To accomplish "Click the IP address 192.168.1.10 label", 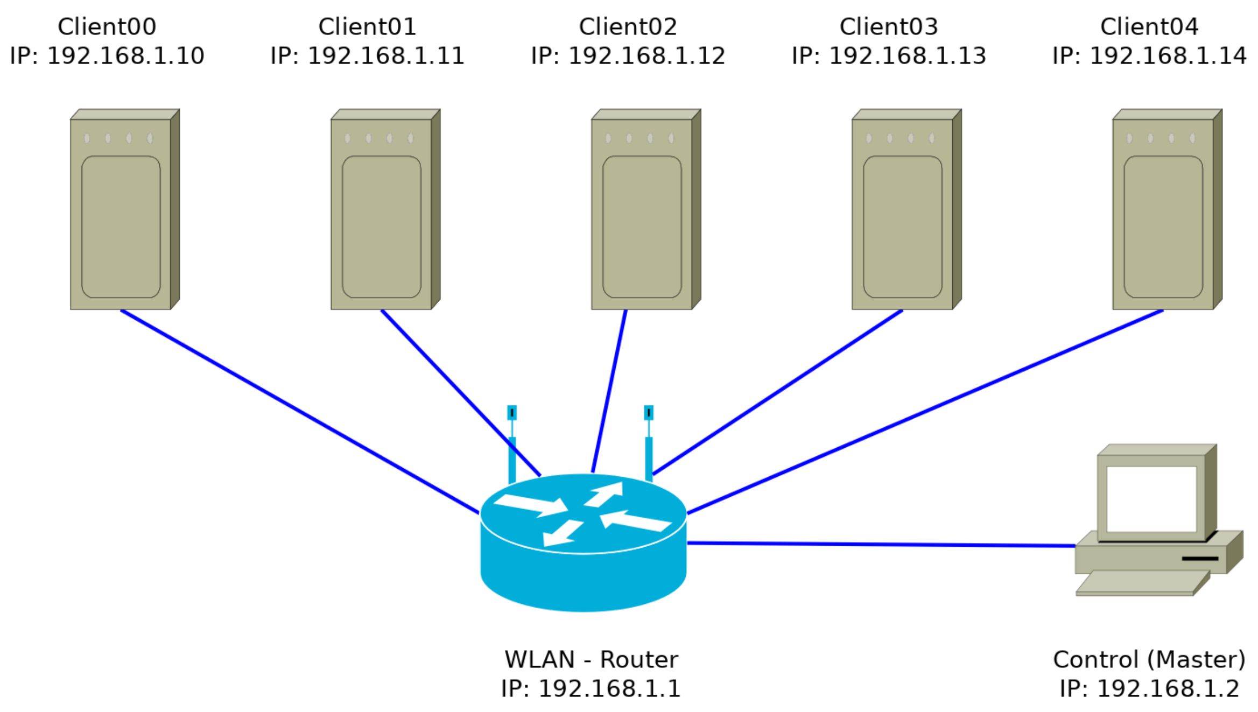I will coord(107,56).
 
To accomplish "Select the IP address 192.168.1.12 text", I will coord(628,56).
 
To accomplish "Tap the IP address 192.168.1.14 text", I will coord(1149,56).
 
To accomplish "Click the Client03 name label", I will coord(888,27).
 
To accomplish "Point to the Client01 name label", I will coord(367,27).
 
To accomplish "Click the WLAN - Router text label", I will coord(591,660).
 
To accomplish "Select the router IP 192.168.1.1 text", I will coord(591,689).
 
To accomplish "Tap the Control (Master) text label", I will coord(1149,660).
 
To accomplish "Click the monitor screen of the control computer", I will coord(1151,498).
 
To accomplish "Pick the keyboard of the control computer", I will coord(1141,583).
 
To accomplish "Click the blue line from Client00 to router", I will coord(299,412).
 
